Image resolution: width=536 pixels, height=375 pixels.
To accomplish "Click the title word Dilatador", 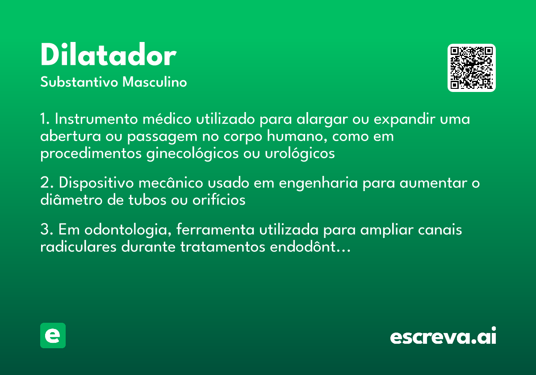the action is pos(109,54).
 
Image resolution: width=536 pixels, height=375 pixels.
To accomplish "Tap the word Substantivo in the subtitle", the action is pos(79,82).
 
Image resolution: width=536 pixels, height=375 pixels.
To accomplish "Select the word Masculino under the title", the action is pos(155,82).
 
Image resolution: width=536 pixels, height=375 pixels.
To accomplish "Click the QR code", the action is pos(471,68).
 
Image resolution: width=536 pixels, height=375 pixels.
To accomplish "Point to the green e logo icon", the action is pos(53,335).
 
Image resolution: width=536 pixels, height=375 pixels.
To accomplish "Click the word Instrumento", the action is pos(96,119).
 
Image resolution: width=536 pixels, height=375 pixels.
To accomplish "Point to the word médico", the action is pos(167,119).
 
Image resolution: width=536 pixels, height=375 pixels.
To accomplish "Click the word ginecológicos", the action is pos(193,154).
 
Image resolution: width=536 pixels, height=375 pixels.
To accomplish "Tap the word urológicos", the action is pos(300,154).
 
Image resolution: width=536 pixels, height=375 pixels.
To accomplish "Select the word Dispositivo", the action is pos(96,183).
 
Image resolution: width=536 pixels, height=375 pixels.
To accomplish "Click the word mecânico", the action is pos(171,183).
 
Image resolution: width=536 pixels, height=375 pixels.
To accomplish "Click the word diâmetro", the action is pos(71,200).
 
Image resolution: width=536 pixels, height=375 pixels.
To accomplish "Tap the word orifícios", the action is pos(219,200).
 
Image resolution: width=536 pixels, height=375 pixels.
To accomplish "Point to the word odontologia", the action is pos(128,230).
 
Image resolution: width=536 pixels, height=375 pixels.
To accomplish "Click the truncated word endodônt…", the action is pos(310,246).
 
